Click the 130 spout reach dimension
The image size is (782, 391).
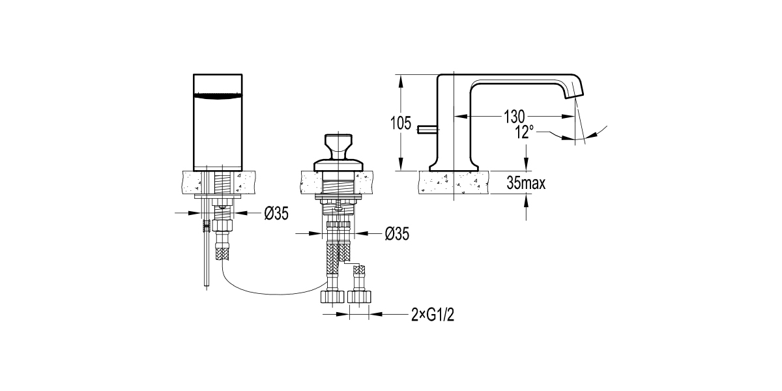coord(514,117)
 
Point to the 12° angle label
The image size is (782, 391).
coord(523,132)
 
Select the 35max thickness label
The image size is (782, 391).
coord(525,184)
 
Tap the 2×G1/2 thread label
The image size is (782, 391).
coord(432,315)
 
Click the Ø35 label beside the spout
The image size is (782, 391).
coord(276,213)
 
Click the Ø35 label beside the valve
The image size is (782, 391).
coord(397,233)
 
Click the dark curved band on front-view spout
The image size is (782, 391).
coord(220,96)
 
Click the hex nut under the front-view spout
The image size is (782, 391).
coord(223,226)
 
